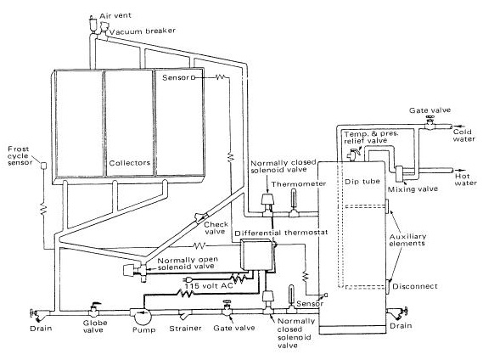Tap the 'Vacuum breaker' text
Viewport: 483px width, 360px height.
pyautogui.click(x=143, y=30)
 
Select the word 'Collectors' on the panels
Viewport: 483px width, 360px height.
pyautogui.click(x=129, y=161)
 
